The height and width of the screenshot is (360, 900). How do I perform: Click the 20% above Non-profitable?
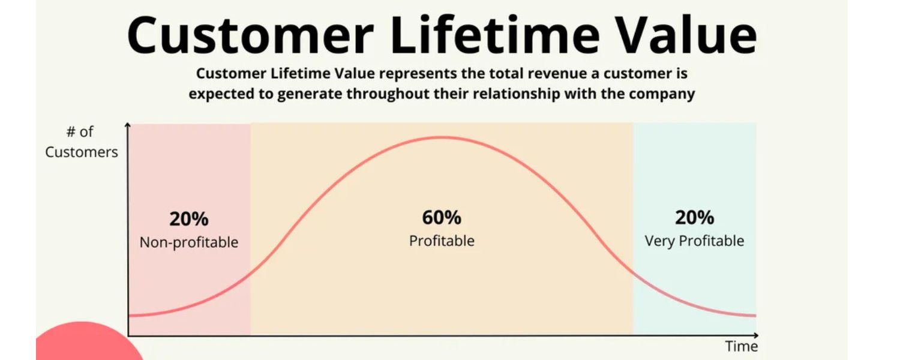[188, 219]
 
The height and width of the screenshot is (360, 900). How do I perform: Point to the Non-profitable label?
[188, 242]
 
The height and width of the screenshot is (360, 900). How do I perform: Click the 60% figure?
[442, 217]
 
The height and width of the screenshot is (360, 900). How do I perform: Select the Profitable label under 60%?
[442, 241]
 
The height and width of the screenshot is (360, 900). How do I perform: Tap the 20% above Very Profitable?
[694, 217]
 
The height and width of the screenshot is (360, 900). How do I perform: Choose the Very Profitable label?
[694, 241]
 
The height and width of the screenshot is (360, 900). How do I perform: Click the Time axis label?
[742, 347]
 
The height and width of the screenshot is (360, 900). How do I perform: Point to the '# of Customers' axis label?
[81, 142]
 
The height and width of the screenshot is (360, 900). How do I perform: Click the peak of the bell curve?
[441, 137]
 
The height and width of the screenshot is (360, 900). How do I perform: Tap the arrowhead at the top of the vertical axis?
[128, 125]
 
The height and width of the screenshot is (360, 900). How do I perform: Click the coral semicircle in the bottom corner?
[84, 345]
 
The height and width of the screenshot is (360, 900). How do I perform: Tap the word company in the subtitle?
[664, 94]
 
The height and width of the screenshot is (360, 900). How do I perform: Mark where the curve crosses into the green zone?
[633, 272]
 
